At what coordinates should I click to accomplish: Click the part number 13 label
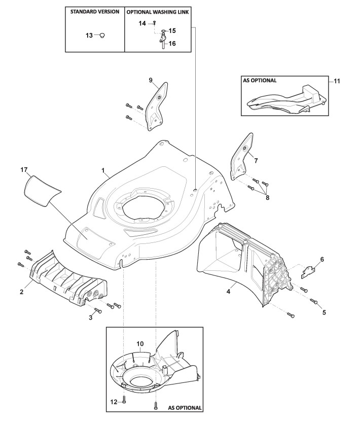tap(89, 36)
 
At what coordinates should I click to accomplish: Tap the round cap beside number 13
tap(102, 36)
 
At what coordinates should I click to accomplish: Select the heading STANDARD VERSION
tap(95, 11)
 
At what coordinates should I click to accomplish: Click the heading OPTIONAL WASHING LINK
tap(157, 11)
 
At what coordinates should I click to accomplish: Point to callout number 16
tap(172, 44)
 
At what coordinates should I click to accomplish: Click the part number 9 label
tap(151, 80)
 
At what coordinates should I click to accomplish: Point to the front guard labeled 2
tap(66, 279)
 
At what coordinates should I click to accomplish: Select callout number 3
tap(91, 317)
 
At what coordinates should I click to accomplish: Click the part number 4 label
tap(228, 292)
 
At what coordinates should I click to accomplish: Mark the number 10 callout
tap(140, 344)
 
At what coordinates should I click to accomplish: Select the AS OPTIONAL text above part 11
tap(259, 80)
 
